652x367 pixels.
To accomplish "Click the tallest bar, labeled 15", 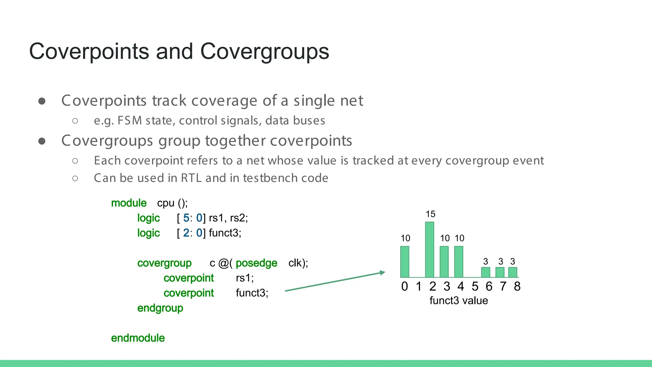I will point(429,249).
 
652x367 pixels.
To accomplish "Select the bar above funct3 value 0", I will point(405,262).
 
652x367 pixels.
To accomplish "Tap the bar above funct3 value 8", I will point(513,272).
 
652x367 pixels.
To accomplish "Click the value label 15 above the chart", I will point(430,214).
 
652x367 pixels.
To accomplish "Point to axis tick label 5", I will point(475,286).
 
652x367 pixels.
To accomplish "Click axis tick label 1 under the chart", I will point(419,286).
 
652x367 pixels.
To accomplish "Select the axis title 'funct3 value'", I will point(458,300).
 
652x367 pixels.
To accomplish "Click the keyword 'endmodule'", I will point(138,338).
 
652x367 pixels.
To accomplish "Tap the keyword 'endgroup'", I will point(160,308).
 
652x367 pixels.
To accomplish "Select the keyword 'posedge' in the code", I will point(256,263).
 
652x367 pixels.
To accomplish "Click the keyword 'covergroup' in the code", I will point(164,263).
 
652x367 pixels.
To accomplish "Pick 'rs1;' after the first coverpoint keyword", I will point(245,278).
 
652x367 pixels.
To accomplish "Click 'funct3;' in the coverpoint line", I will point(252,293).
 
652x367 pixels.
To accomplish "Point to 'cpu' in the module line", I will point(166,203).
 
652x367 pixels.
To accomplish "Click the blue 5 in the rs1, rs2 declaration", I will point(186,218).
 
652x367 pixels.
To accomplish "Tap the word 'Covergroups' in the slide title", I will point(265,51).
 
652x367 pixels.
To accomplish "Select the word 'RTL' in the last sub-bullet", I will point(191,178).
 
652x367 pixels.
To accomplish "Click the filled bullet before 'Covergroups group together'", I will point(42,141).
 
